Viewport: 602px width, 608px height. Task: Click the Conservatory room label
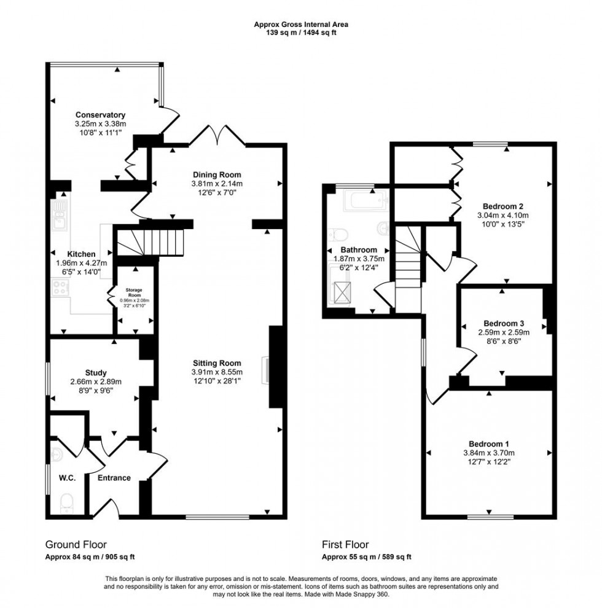click(100, 115)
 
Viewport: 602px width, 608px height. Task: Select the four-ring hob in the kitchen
click(61, 287)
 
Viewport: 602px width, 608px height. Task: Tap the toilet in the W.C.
click(67, 504)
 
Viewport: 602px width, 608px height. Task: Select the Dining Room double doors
click(217, 134)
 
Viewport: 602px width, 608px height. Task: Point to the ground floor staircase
click(150, 242)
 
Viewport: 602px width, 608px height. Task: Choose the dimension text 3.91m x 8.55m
click(216, 372)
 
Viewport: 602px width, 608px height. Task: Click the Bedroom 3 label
click(503, 324)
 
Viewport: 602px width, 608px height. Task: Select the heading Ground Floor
click(76, 544)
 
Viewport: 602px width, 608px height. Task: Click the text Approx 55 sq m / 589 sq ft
click(367, 557)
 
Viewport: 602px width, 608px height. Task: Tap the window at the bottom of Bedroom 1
click(490, 516)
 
